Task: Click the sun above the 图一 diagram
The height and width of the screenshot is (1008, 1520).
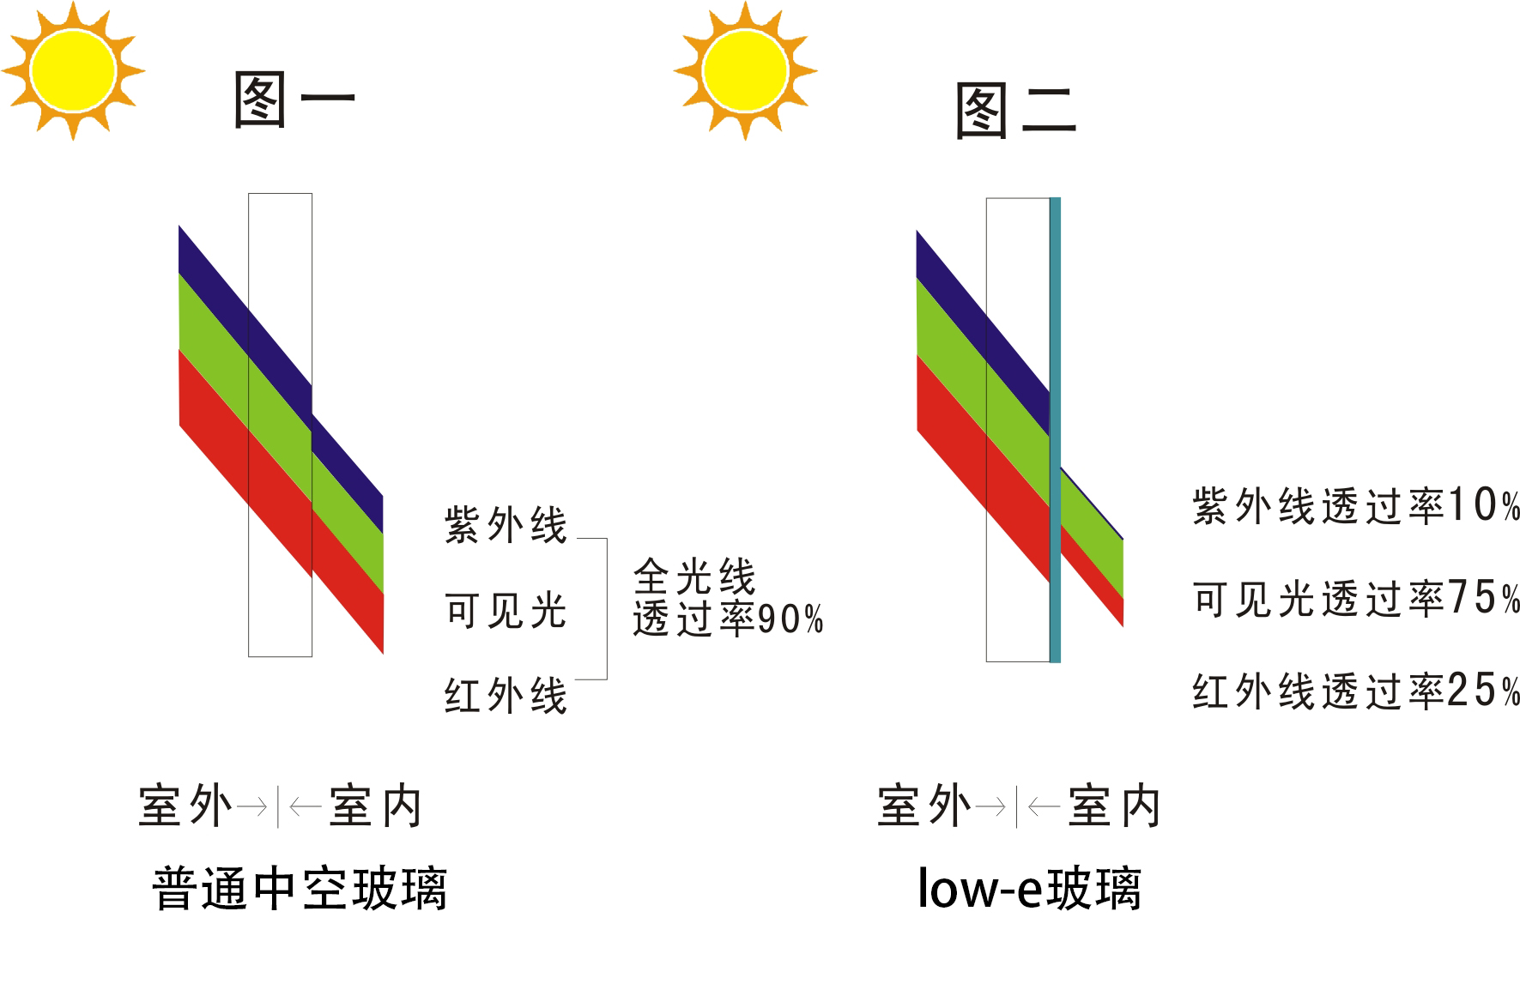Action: [x=73, y=70]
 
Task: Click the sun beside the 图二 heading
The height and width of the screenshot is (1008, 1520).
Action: [x=745, y=70]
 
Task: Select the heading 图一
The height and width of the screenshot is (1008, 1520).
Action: [x=294, y=100]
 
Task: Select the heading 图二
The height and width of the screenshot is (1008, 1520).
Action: [x=1015, y=112]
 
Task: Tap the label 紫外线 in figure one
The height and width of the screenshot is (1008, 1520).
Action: [x=506, y=525]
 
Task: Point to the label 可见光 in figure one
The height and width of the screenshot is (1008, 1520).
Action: [x=506, y=611]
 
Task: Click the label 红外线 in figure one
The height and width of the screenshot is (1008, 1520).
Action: [x=506, y=695]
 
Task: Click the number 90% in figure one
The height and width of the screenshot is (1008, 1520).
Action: [x=790, y=619]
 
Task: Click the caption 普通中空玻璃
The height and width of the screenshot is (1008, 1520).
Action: [x=300, y=889]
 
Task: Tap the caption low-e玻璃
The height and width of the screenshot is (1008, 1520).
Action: [x=1029, y=889]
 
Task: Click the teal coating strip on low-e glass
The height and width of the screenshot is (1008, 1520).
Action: [x=1055, y=429]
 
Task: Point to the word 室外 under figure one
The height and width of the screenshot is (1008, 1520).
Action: [x=185, y=806]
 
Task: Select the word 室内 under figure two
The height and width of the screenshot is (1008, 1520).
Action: [x=1114, y=806]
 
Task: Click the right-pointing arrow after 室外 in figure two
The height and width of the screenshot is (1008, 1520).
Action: [x=991, y=806]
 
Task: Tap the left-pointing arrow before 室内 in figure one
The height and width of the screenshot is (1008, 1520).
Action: [x=306, y=806]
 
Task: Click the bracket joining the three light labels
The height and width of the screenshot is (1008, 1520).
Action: [x=606, y=609]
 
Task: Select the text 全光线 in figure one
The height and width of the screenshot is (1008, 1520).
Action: [x=694, y=577]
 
